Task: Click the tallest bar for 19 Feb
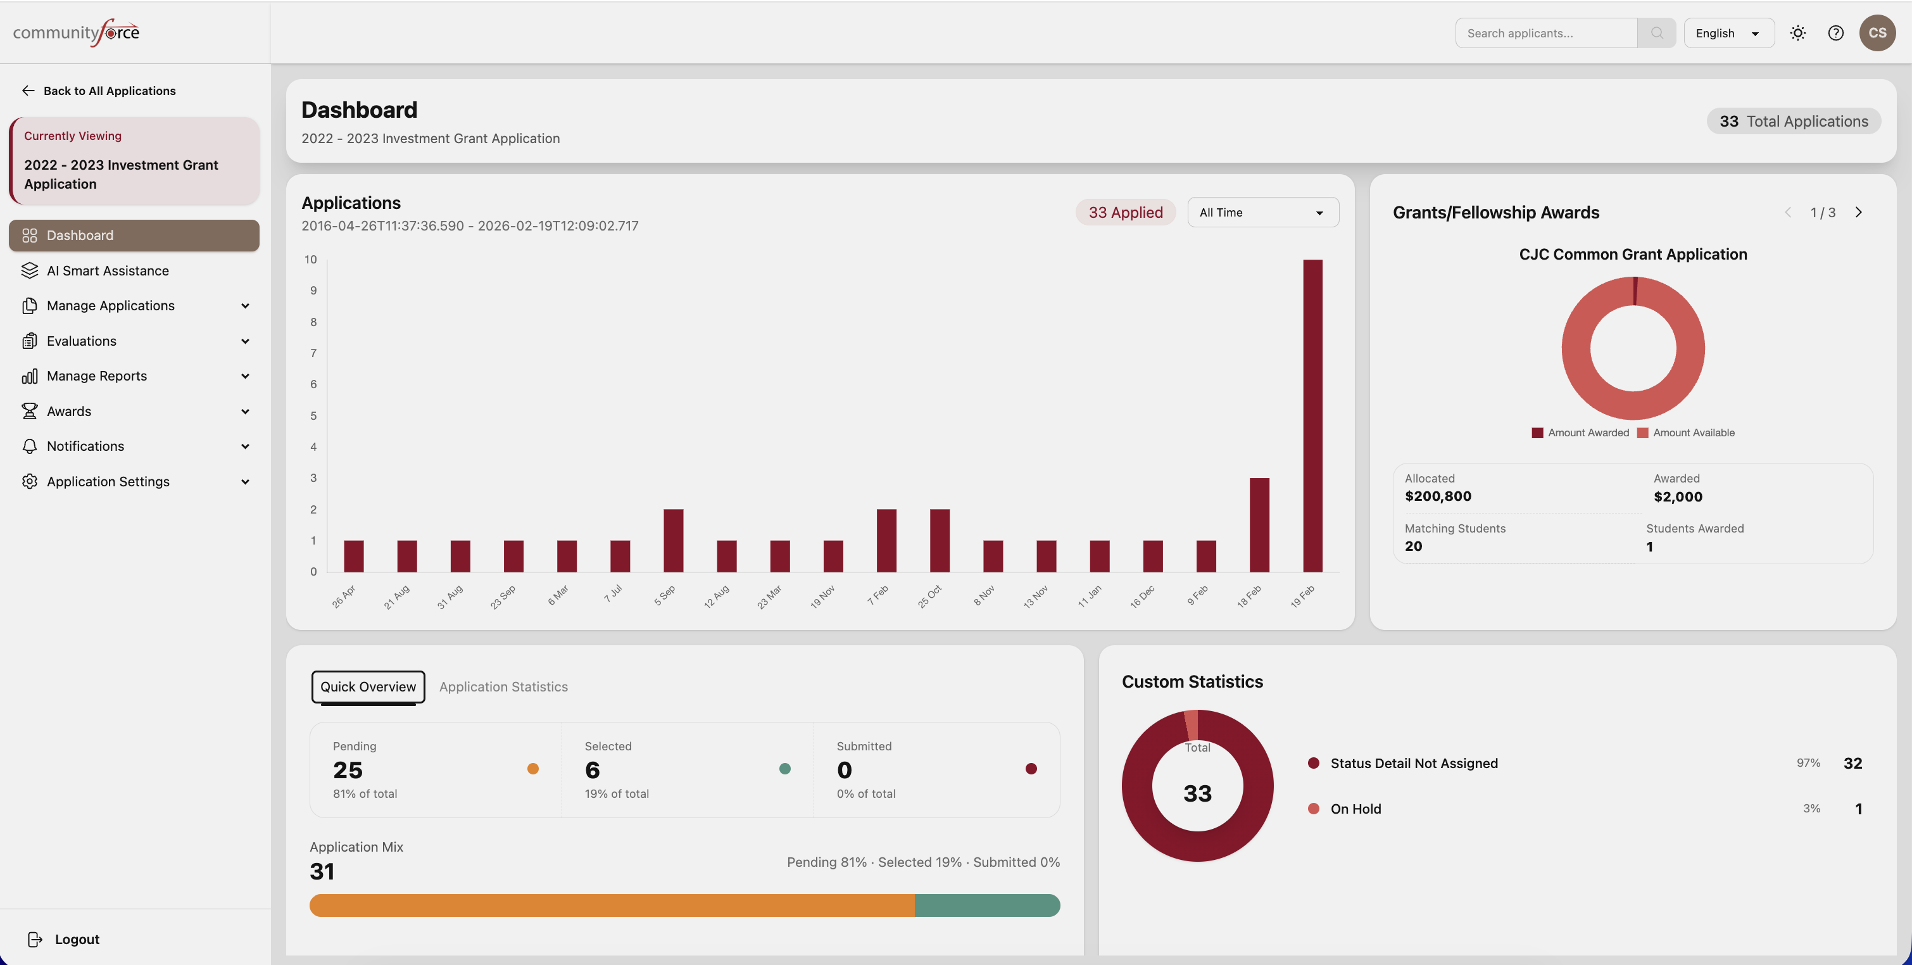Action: tap(1312, 415)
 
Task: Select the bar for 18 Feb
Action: tap(1259, 525)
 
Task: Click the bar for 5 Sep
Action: tap(673, 540)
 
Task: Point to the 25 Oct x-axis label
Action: tap(929, 597)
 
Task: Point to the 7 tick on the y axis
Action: tap(313, 353)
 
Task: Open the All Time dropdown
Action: tap(1262, 212)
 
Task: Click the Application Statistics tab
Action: tap(503, 686)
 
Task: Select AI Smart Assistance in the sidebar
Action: tap(108, 271)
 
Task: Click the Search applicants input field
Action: tap(1545, 34)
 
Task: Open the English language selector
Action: tap(1728, 34)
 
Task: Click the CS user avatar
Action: tap(1877, 34)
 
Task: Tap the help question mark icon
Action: tap(1835, 34)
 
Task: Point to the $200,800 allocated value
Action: tap(1438, 496)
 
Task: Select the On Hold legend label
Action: tap(1355, 809)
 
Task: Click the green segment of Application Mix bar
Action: tap(986, 905)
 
